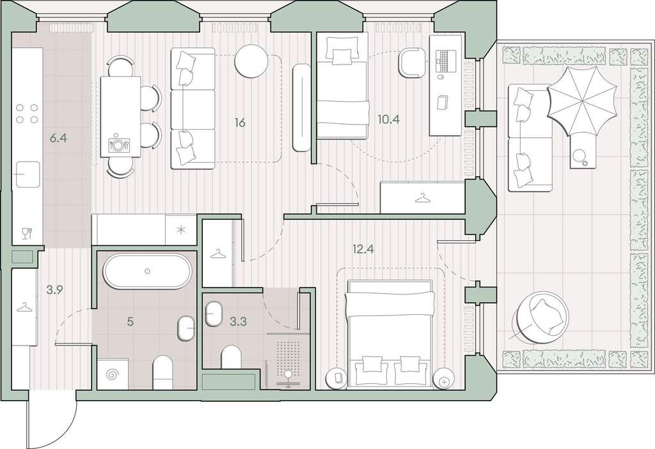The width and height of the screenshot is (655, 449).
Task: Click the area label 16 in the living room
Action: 240,123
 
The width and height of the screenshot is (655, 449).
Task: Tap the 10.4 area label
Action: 388,120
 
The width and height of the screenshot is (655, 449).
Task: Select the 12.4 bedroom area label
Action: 363,250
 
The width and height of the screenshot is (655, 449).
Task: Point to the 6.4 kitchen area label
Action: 58,138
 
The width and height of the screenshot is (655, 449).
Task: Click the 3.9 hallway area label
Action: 54,290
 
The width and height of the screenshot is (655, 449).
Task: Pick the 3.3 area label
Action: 238,321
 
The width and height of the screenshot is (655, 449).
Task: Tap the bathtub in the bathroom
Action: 147,271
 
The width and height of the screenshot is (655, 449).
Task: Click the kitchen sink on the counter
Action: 28,174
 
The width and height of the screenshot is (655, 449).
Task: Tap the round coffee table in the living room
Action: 251,61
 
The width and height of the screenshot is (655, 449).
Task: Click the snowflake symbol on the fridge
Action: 180,229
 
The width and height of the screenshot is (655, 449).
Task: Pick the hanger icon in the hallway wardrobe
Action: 24,308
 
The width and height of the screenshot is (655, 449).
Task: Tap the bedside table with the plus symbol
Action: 444,381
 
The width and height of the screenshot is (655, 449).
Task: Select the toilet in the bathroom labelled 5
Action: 162,372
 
